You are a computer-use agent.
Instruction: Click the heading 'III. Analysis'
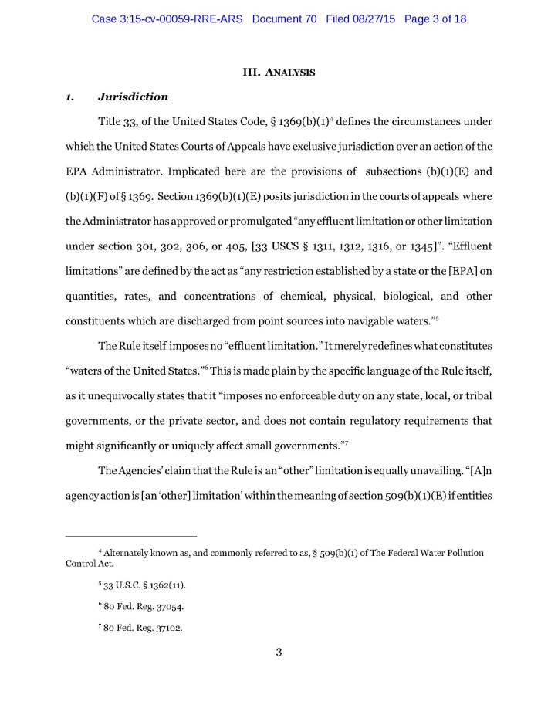[279, 73]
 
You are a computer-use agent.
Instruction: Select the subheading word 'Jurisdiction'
[134, 97]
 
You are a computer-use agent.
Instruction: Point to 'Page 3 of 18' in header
[436, 19]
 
